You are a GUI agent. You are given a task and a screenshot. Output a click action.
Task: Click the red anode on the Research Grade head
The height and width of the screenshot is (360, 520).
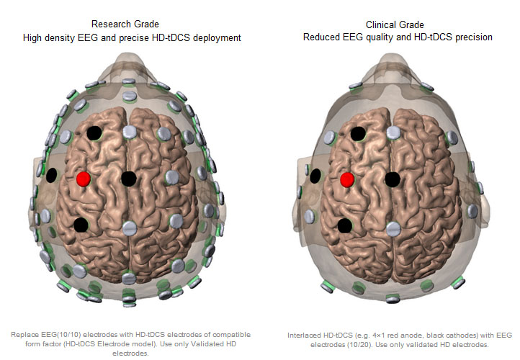84,179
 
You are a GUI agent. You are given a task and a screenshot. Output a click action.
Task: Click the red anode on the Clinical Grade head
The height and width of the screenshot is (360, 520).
347,180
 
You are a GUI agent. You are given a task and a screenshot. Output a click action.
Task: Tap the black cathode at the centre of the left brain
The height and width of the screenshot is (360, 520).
129,179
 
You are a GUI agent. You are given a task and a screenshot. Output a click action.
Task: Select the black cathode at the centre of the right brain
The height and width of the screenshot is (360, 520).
393,179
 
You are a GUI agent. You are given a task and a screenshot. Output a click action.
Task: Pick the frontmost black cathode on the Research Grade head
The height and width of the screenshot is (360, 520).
94,133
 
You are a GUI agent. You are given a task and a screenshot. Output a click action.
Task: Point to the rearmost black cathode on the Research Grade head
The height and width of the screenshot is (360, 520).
81,225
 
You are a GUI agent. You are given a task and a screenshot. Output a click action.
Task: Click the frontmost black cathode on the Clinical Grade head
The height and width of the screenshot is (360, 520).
358,134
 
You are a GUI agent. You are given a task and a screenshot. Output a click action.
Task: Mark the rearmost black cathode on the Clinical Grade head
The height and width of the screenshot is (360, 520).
345,226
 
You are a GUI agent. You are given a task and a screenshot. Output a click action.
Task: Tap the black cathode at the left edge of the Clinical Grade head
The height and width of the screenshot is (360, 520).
315,176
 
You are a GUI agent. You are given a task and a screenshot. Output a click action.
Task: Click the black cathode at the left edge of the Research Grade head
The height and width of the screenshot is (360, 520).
51,176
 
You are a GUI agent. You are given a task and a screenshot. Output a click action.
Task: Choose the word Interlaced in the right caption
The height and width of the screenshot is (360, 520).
303,336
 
